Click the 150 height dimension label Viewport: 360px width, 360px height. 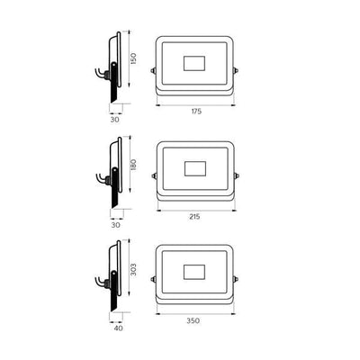(134, 58)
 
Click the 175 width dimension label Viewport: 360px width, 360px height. (196, 112)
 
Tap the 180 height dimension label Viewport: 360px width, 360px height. (134, 165)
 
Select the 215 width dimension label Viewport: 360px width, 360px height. (194, 217)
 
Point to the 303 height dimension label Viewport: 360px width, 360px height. (134, 270)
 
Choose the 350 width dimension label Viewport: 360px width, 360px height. (193, 320)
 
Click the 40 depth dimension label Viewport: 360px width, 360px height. (119, 328)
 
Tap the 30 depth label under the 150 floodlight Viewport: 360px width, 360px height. (115, 120)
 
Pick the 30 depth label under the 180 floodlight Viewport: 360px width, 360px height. (116, 225)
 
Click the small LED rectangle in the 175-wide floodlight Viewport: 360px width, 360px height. (194, 63)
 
